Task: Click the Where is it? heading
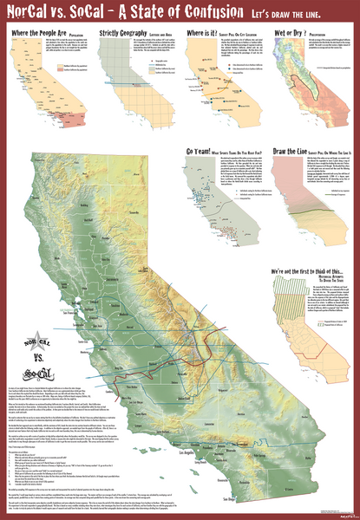click(x=206, y=33)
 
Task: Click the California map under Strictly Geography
click(x=139, y=95)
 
